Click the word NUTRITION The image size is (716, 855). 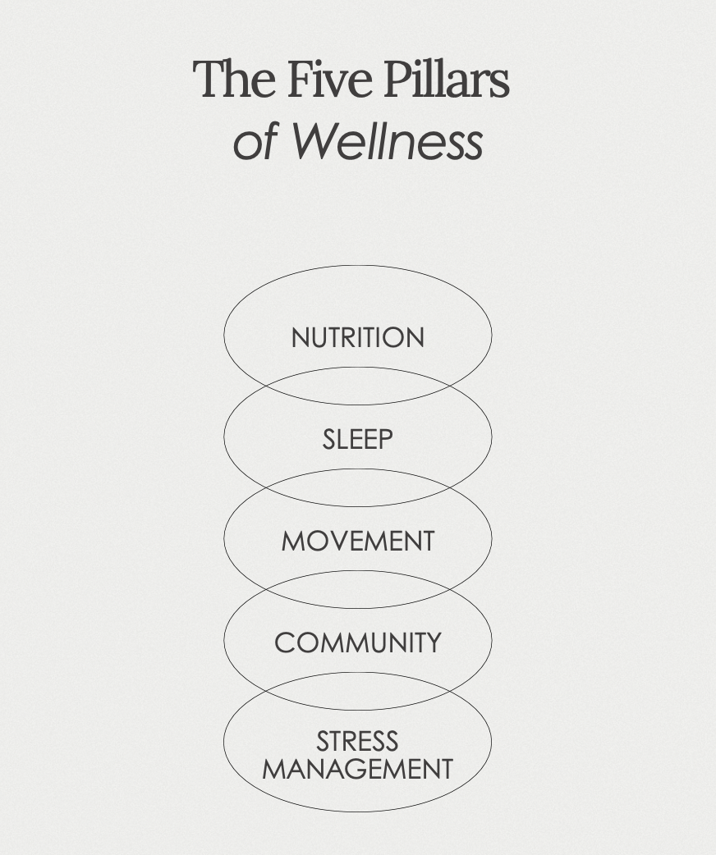(357, 337)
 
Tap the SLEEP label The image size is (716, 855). (357, 439)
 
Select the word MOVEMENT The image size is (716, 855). (357, 541)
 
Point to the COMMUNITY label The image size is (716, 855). (357, 642)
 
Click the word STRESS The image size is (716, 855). (357, 741)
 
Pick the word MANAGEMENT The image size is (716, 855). (357, 770)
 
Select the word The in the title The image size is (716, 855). (234, 80)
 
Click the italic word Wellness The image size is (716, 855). (387, 140)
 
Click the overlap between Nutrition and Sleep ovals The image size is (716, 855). (357, 386)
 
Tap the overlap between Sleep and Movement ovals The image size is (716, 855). (357, 487)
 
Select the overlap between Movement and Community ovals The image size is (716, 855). (357, 589)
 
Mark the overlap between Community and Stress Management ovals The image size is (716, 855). (357, 691)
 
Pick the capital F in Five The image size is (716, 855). (297, 80)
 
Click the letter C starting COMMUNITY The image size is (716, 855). (284, 642)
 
